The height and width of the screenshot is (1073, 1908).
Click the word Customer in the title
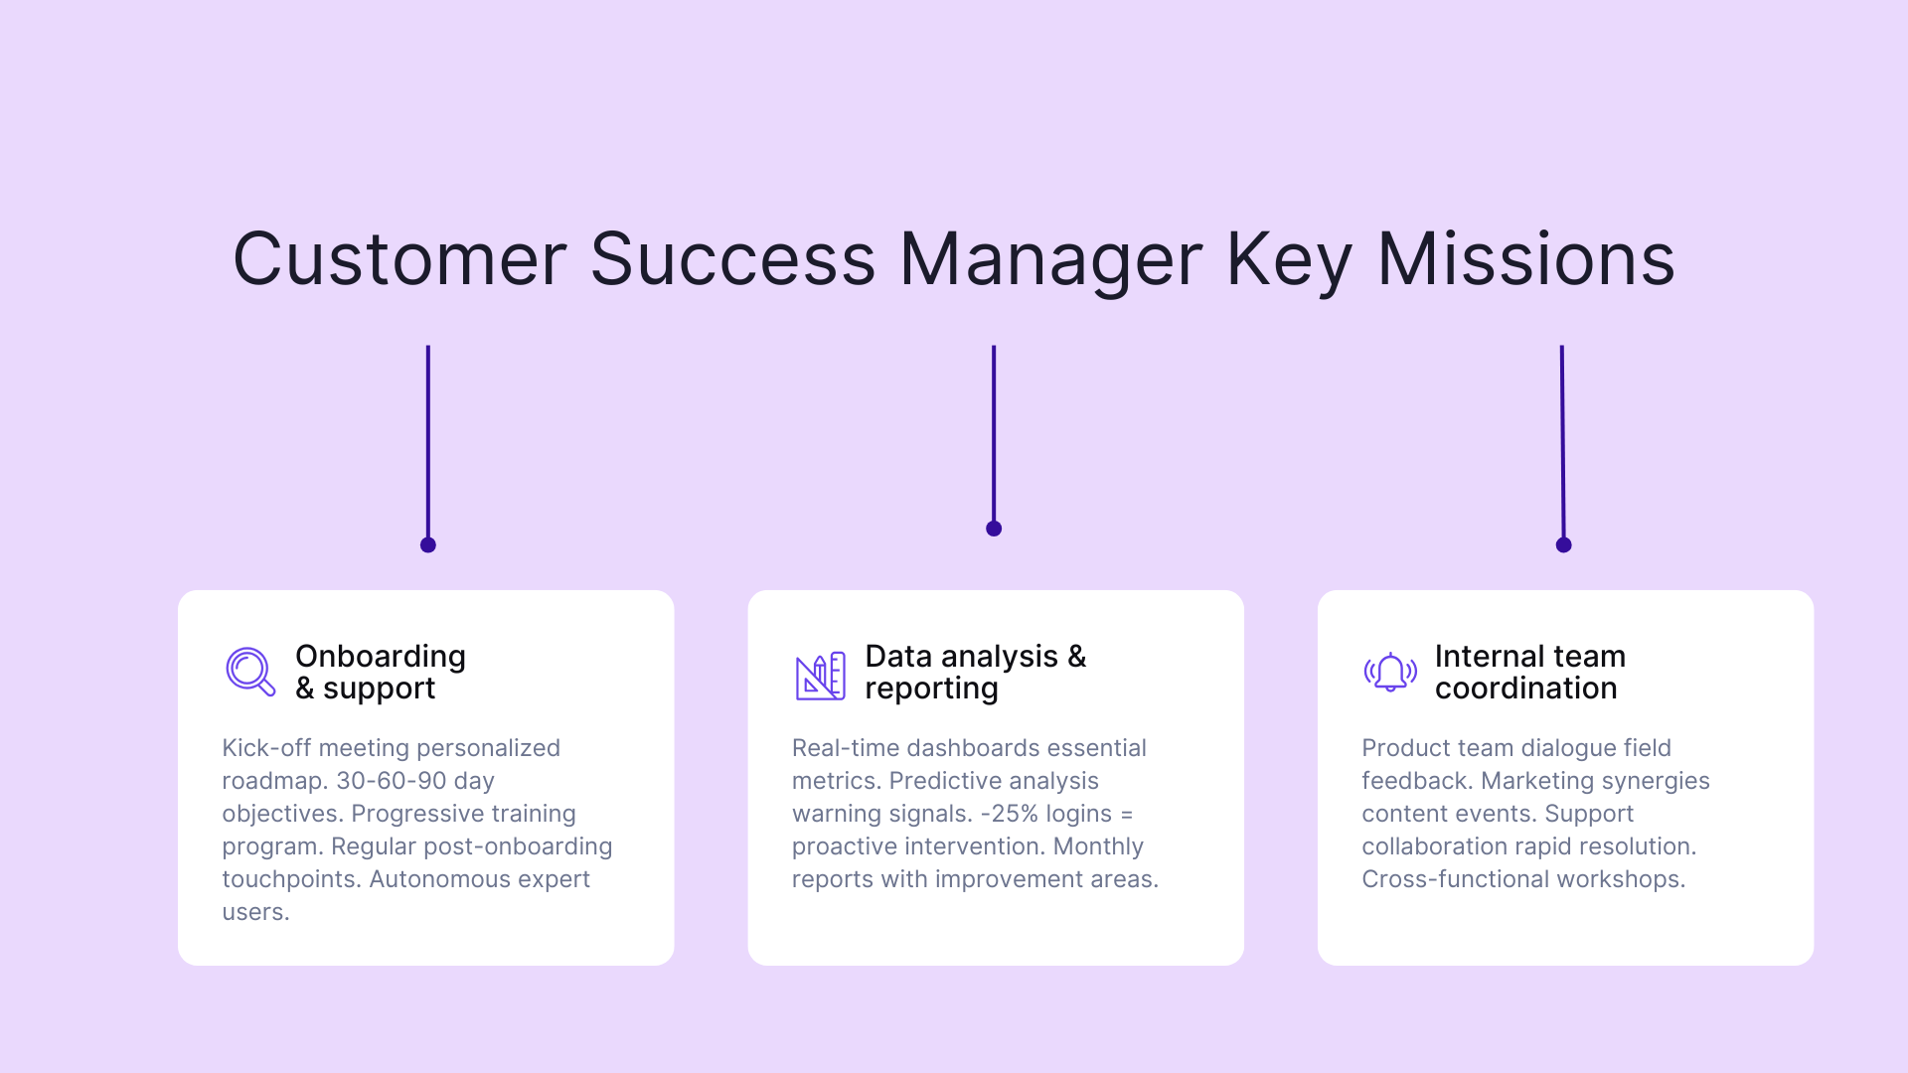click(x=399, y=260)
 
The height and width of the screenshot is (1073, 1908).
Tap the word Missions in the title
click(x=1525, y=260)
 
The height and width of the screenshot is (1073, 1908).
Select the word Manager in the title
click(x=1050, y=260)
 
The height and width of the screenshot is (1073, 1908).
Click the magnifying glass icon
click(x=249, y=672)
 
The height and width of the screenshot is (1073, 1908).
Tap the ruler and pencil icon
click(x=820, y=676)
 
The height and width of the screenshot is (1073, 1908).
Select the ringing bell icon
click(x=1389, y=673)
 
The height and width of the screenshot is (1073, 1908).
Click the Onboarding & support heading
click(x=381, y=673)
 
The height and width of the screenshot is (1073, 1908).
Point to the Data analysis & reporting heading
click(x=975, y=673)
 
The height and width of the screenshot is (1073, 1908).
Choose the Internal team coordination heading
click(x=1529, y=673)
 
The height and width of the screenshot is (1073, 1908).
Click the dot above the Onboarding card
click(x=428, y=544)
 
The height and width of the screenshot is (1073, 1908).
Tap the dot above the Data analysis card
click(x=994, y=529)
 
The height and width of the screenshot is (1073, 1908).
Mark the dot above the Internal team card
click(x=1563, y=544)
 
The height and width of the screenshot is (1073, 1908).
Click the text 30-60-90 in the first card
click(x=391, y=781)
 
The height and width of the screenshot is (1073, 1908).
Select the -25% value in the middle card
click(x=1009, y=814)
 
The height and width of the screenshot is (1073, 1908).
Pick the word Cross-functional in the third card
click(x=1455, y=879)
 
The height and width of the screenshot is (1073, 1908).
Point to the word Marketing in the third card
click(x=1538, y=781)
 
